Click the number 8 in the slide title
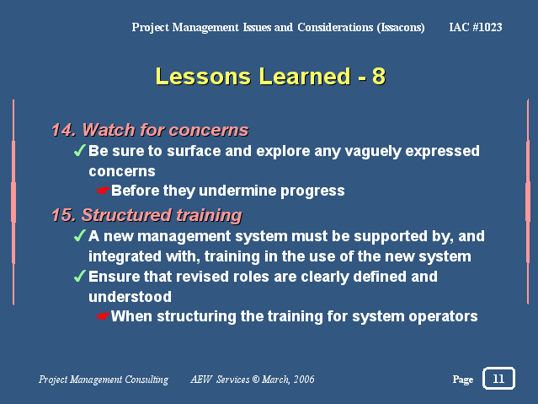point(379,76)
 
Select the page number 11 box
point(498,378)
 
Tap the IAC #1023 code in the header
point(476,27)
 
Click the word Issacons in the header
point(401,28)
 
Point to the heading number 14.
point(63,130)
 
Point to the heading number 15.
point(63,215)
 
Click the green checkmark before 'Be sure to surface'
point(80,150)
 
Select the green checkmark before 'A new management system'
point(80,235)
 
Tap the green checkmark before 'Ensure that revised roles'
point(80,276)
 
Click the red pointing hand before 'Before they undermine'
point(103,190)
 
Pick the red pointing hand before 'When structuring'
point(103,316)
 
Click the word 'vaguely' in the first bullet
point(373,152)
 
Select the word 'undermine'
point(237,191)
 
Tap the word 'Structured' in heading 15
point(126,215)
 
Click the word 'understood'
point(130,297)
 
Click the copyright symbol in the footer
point(256,380)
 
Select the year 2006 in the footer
point(304,380)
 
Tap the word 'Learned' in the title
point(305,76)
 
